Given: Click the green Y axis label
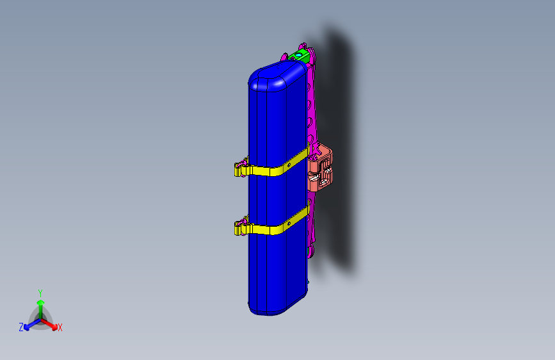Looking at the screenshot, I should pos(40,292).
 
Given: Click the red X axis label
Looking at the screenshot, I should pos(60,327).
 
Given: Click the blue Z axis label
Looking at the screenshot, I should pos(21,327).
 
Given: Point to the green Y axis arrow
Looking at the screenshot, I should pos(40,304).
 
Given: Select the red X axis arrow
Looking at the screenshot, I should pos(51,322).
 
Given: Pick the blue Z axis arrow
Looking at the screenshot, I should pos(29,323).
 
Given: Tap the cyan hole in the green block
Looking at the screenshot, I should pos(298,55).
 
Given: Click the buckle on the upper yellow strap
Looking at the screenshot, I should pos(241,168).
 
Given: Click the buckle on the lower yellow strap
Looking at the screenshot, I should pos(241,227).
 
